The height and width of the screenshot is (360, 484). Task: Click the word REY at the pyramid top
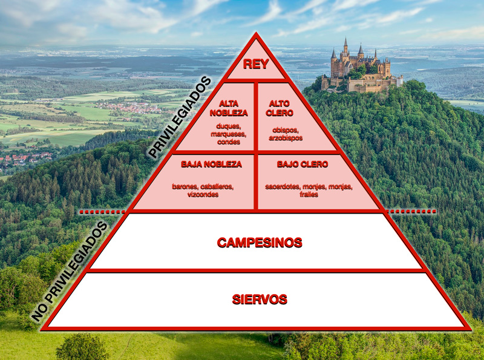256,64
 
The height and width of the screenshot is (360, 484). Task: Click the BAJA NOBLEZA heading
211,164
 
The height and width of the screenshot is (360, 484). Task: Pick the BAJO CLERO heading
302,164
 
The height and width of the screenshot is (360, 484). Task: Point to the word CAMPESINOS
259,243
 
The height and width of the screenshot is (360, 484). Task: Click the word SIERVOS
260,299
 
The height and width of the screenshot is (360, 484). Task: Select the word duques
228,126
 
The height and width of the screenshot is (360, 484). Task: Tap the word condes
229,142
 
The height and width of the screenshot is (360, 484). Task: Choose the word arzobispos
286,138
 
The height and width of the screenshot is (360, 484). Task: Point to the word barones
184,186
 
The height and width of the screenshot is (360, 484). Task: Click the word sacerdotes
282,186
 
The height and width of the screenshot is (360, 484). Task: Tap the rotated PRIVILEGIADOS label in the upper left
180,117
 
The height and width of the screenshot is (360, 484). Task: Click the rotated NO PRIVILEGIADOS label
70,270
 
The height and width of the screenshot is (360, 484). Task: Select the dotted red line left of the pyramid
103,212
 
